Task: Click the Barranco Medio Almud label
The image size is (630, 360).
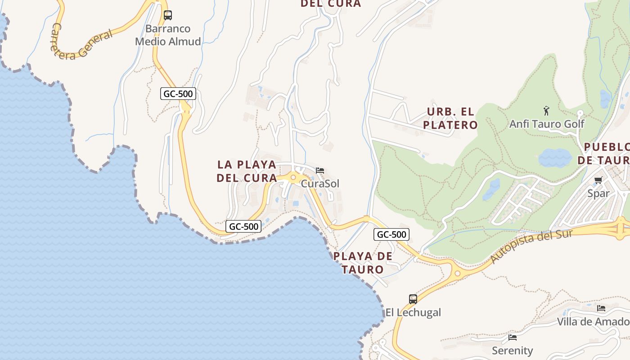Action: (x=168, y=35)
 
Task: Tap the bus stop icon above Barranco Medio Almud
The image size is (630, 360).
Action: (x=168, y=15)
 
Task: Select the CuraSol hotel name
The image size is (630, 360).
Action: (x=320, y=184)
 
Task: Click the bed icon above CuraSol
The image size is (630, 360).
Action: (x=320, y=171)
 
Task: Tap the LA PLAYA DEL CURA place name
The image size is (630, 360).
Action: (x=247, y=171)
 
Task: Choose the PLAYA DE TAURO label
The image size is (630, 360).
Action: (x=363, y=263)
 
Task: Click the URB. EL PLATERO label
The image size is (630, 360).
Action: (x=450, y=118)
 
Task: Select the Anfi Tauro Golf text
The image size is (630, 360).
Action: (x=547, y=124)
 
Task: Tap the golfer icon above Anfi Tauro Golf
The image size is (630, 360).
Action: (x=546, y=111)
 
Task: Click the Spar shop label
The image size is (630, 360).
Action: (x=598, y=193)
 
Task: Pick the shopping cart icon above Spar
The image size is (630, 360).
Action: (x=598, y=180)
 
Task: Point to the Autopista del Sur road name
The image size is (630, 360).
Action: (x=531, y=246)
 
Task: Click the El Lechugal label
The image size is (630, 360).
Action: (x=413, y=312)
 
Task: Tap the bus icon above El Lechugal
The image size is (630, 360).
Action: (x=413, y=299)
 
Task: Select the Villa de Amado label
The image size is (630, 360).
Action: (x=593, y=322)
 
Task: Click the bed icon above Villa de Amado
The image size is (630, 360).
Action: (x=601, y=308)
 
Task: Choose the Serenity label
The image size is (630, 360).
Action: (x=512, y=351)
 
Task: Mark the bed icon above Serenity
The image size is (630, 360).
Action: (x=512, y=337)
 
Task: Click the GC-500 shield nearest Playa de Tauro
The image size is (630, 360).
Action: (x=391, y=234)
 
